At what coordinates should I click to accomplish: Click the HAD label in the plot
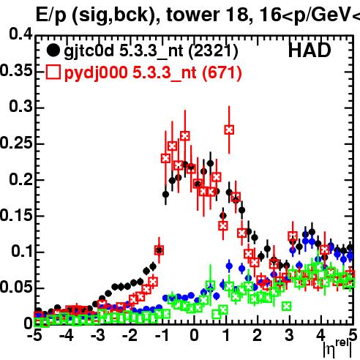(310, 50)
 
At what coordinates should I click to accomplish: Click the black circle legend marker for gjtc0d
(53, 50)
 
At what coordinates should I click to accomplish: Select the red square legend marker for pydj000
(53, 72)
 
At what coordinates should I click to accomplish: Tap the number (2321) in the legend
(213, 50)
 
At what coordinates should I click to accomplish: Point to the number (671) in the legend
(222, 72)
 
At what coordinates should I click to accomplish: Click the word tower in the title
(193, 15)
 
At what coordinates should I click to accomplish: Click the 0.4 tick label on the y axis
(20, 34)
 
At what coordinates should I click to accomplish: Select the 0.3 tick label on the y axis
(20, 106)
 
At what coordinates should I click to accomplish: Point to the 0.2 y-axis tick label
(20, 179)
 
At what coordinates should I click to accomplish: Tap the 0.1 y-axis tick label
(21, 251)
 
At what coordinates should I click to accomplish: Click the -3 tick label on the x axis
(98, 335)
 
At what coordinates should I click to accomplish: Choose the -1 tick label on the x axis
(162, 335)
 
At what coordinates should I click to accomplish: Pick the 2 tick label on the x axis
(258, 335)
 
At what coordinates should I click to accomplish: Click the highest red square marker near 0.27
(229, 130)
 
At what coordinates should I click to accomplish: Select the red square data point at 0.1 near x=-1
(159, 250)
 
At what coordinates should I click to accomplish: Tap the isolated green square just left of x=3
(287, 306)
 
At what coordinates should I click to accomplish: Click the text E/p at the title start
(51, 15)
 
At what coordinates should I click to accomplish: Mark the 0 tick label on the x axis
(194, 335)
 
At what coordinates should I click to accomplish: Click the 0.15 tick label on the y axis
(17, 215)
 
